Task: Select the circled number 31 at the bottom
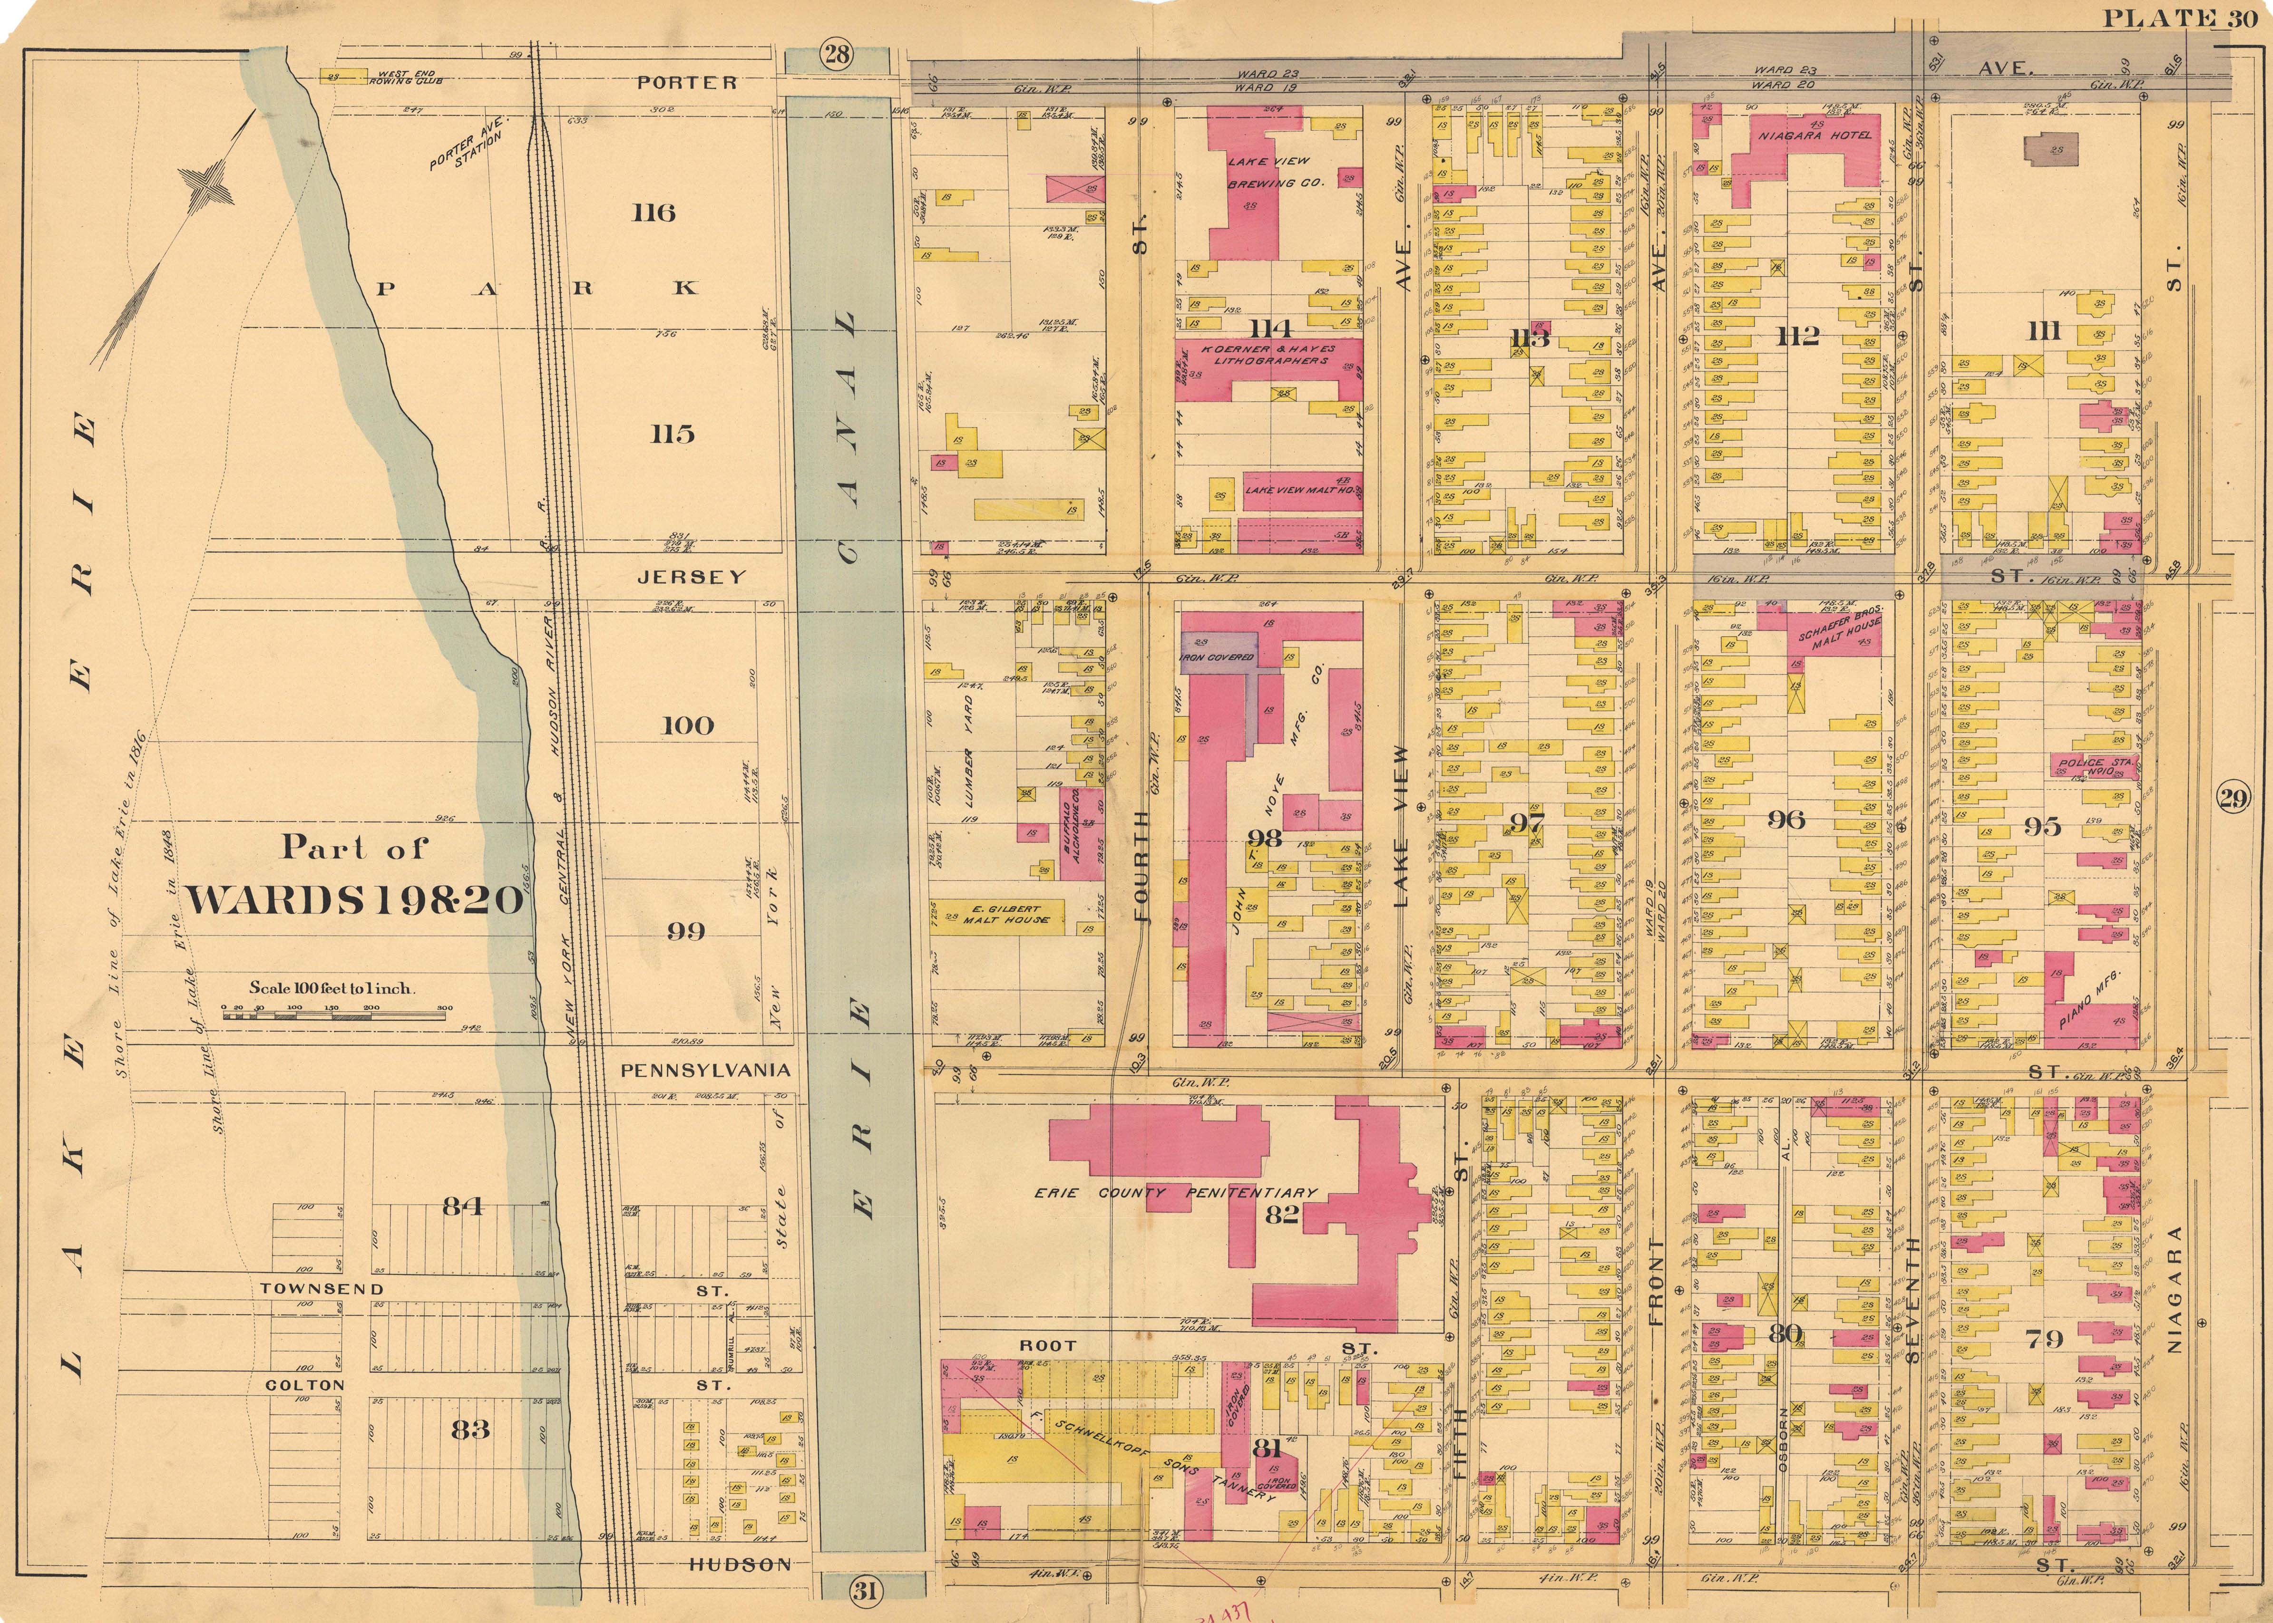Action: tap(864, 1589)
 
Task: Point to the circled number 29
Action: tap(2233, 798)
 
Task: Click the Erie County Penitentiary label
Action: tap(1174, 1192)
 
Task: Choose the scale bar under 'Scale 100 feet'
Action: tap(335, 1014)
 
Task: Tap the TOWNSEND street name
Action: tap(322, 1289)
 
